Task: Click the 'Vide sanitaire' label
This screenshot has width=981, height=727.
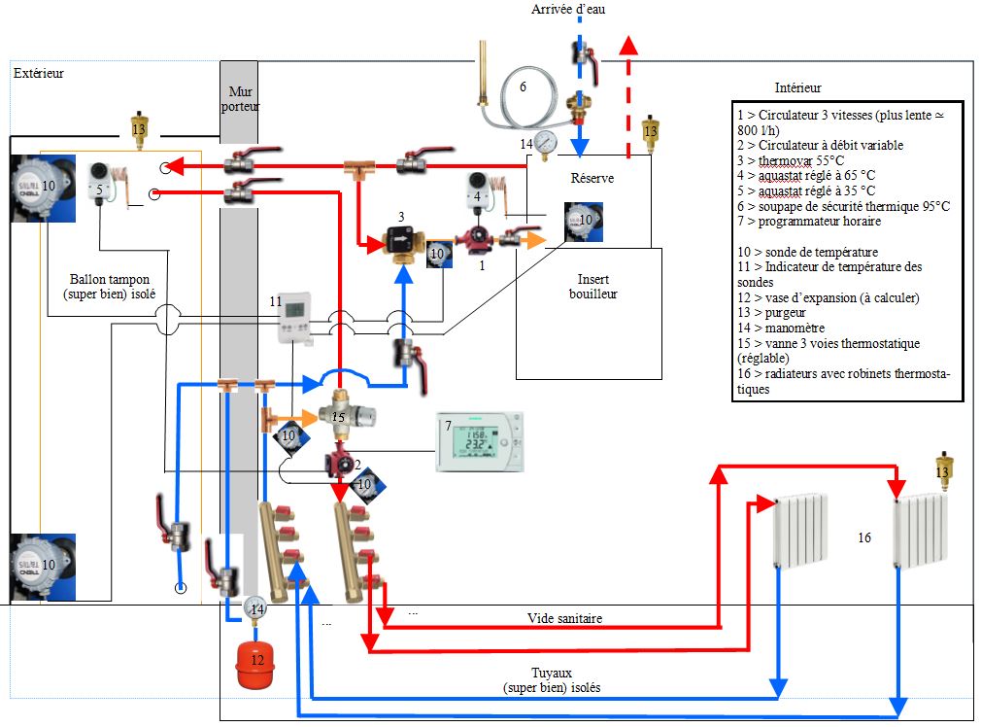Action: click(x=564, y=618)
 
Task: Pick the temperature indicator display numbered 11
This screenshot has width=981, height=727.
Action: click(x=293, y=318)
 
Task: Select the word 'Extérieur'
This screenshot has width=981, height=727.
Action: click(x=39, y=73)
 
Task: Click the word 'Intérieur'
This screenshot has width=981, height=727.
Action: click(x=798, y=87)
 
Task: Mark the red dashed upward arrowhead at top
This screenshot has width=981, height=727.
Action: click(x=629, y=46)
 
